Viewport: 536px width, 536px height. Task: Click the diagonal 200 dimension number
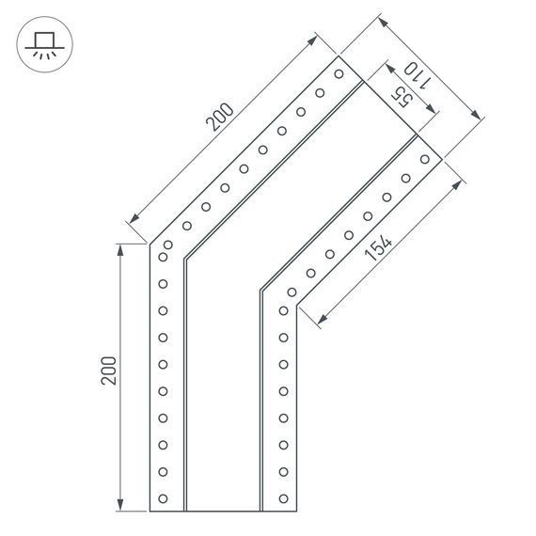tap(219, 117)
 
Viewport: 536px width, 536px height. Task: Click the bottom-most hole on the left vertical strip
tap(163, 497)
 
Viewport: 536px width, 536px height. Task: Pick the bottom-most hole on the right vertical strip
tap(280, 497)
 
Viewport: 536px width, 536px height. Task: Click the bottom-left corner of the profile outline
tap(150, 511)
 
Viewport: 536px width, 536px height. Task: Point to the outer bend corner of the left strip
tap(150, 244)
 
